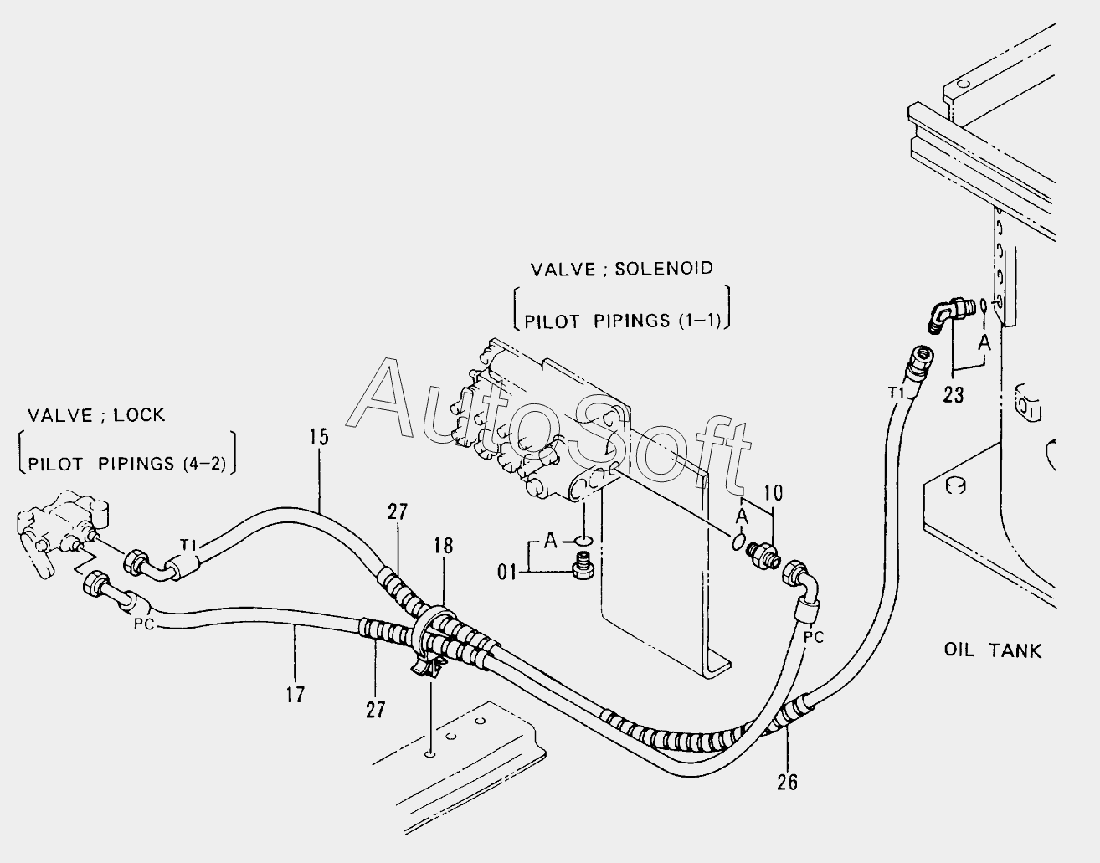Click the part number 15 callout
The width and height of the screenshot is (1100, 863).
click(320, 436)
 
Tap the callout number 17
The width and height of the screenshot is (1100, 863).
click(296, 695)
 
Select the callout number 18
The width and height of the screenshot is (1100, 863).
click(444, 546)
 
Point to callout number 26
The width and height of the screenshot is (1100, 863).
click(787, 782)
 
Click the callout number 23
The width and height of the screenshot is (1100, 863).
click(954, 394)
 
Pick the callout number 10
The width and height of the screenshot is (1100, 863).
click(773, 492)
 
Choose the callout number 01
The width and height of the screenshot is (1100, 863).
click(506, 573)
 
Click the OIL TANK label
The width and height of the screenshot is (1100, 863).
click(993, 650)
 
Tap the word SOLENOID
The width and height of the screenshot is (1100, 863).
click(664, 268)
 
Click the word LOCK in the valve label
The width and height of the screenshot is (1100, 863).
click(139, 415)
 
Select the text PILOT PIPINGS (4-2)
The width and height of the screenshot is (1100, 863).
click(126, 464)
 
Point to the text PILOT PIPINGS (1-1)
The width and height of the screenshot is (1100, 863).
click(622, 321)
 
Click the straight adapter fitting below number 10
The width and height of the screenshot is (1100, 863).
click(763, 554)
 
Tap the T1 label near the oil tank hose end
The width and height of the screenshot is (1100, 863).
click(896, 393)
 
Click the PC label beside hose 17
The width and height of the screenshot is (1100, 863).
click(144, 624)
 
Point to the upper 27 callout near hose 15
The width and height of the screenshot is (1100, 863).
click(398, 512)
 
